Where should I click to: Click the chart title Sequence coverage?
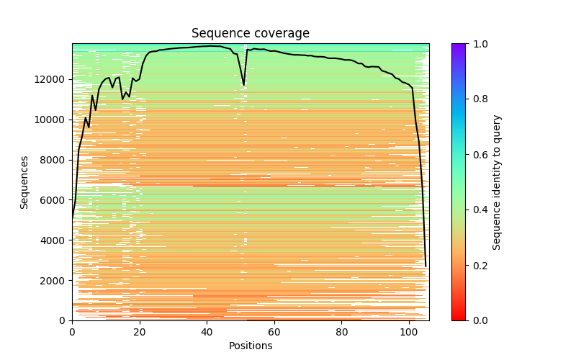(x=251, y=34)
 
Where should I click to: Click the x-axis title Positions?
(x=251, y=346)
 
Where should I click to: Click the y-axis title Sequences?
(x=24, y=182)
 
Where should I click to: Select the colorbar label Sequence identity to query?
(x=497, y=182)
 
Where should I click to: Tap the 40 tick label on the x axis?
(x=207, y=331)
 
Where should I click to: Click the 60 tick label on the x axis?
(x=274, y=331)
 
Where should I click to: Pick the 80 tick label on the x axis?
(x=342, y=331)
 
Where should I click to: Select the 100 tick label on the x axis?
(x=409, y=331)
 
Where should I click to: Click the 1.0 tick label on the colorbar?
(x=478, y=44)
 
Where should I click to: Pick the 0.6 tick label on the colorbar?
(x=478, y=155)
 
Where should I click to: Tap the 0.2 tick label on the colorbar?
(x=478, y=265)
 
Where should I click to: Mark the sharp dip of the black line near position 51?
(x=244, y=84)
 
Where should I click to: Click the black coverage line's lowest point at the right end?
(x=426, y=266)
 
